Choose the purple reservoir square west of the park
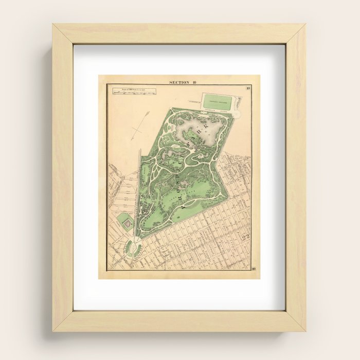[x=123, y=222]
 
